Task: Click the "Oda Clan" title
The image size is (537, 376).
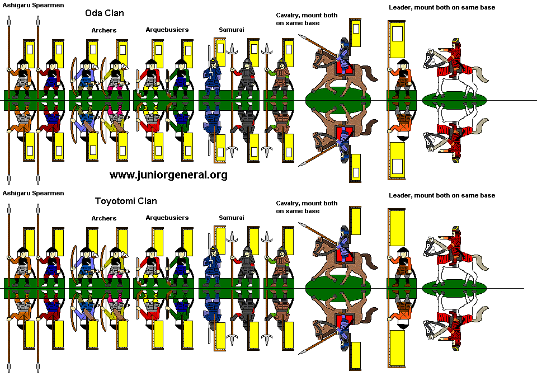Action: (x=105, y=13)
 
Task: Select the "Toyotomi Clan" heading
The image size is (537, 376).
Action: (x=126, y=201)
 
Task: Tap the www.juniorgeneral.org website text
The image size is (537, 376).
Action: (x=168, y=175)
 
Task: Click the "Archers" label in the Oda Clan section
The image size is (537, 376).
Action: (x=104, y=30)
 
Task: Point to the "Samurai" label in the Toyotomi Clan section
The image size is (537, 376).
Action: (x=232, y=217)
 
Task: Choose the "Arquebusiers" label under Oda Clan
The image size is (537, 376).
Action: (x=167, y=29)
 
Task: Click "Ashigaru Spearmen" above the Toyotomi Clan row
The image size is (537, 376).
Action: (x=33, y=193)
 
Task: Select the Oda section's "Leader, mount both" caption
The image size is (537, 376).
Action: (x=442, y=7)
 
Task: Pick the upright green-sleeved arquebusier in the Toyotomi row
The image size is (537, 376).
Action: (x=180, y=261)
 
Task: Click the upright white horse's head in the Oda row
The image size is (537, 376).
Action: (x=431, y=57)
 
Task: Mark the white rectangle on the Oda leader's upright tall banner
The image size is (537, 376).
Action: (x=397, y=35)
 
